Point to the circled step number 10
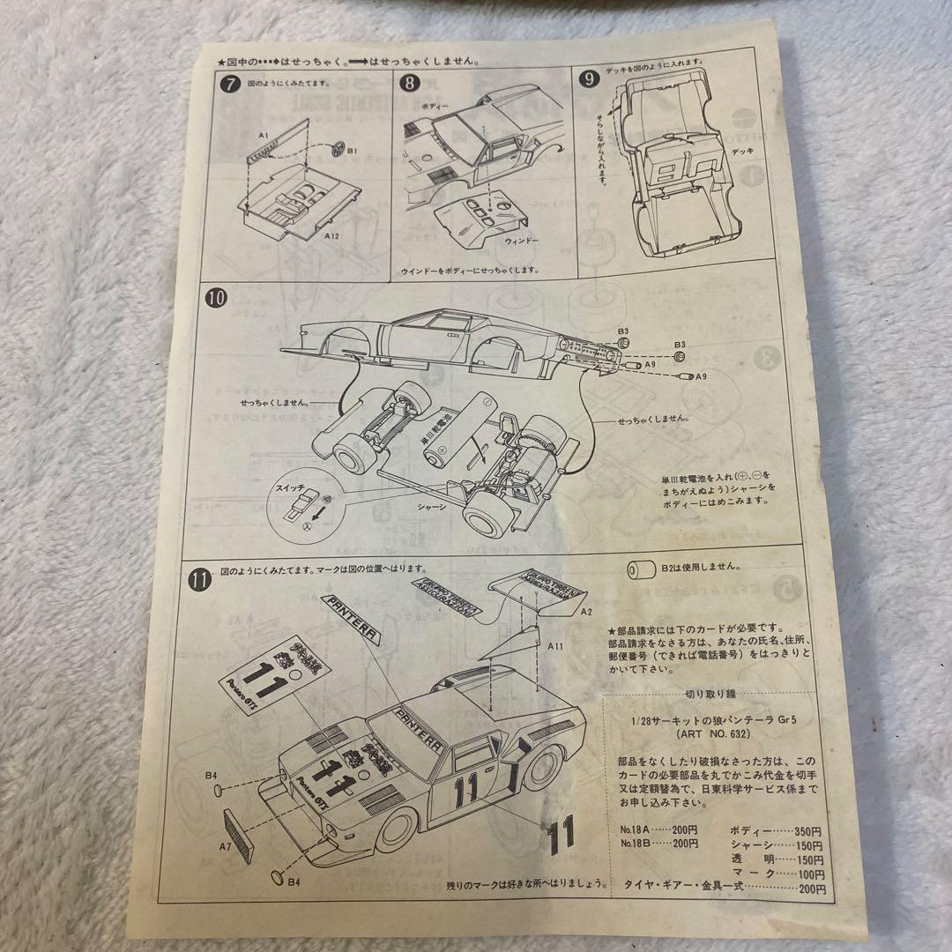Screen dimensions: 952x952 218,297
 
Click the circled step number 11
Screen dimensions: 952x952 201,579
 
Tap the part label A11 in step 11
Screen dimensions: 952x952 556,646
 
